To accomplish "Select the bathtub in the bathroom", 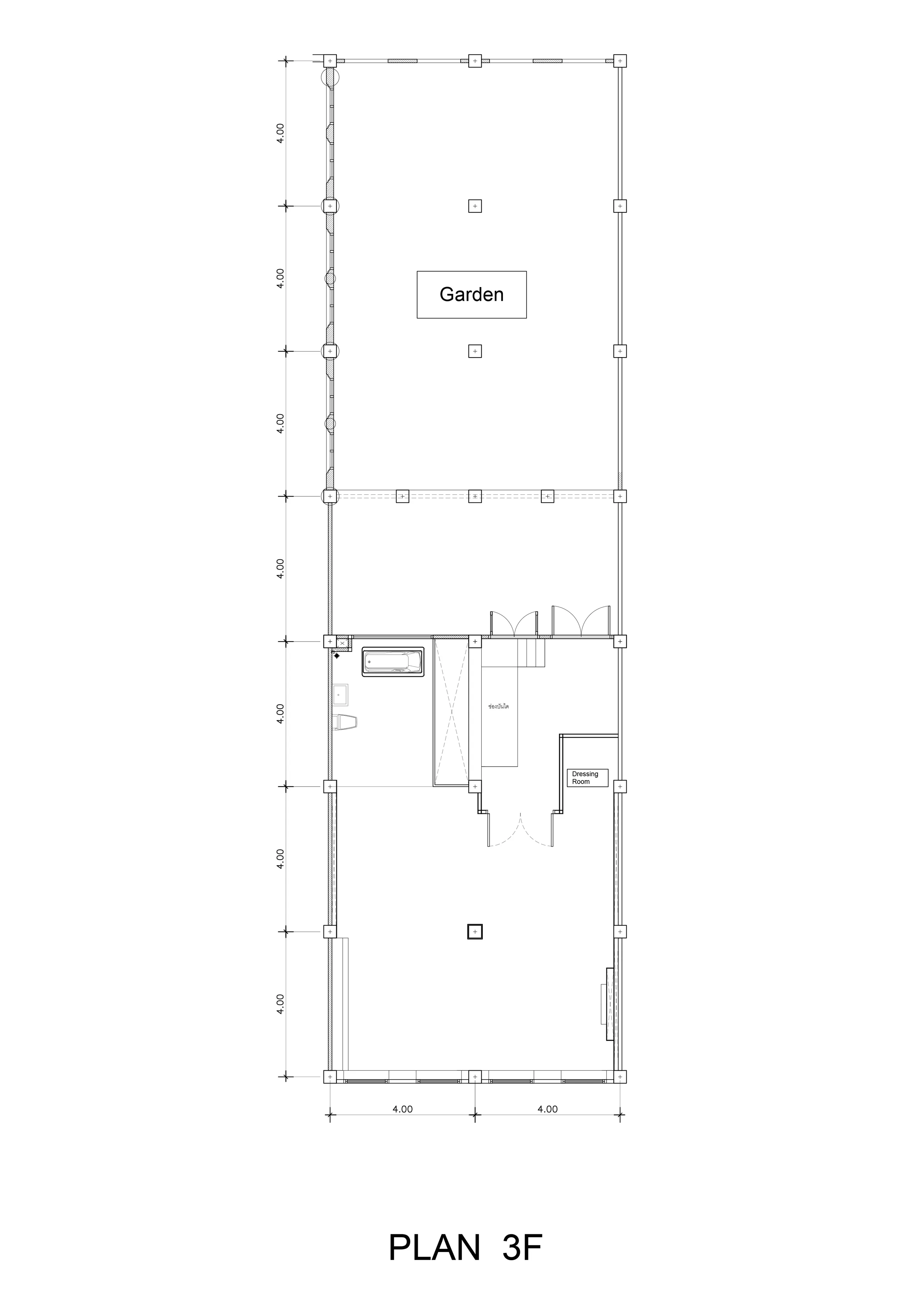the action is pyautogui.click(x=393, y=661).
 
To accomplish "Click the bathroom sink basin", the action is pyautogui.click(x=340, y=694).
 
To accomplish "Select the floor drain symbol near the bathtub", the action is pyautogui.click(x=337, y=656).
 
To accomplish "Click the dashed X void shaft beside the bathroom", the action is pyautogui.click(x=451, y=712).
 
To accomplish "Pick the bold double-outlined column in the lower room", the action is pyautogui.click(x=474, y=932).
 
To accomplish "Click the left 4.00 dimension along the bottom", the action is pyautogui.click(x=402, y=1109).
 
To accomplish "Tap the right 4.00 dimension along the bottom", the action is pyautogui.click(x=548, y=1109).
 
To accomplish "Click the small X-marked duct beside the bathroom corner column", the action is pyautogui.click(x=342, y=643).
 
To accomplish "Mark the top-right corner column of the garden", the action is pyautogui.click(x=620, y=60).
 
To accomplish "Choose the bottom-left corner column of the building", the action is pyautogui.click(x=330, y=1077).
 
